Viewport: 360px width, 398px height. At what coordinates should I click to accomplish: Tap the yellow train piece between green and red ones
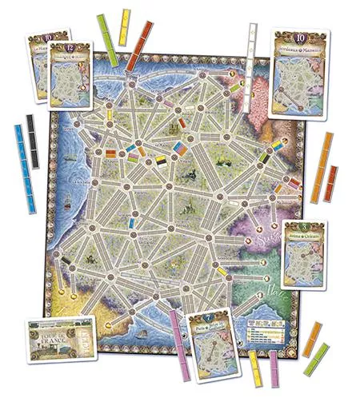pyautogui.click(x=126, y=30)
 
